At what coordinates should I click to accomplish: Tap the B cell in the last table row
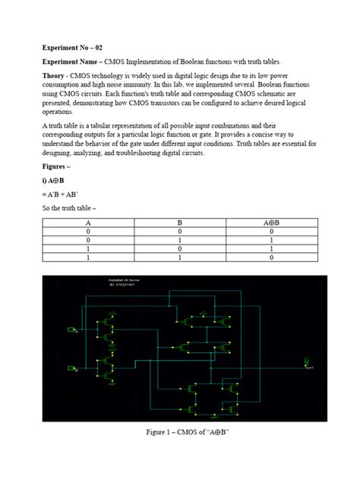pos(179,258)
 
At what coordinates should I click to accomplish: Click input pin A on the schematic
pos(72,330)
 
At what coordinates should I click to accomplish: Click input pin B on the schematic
pos(72,369)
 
